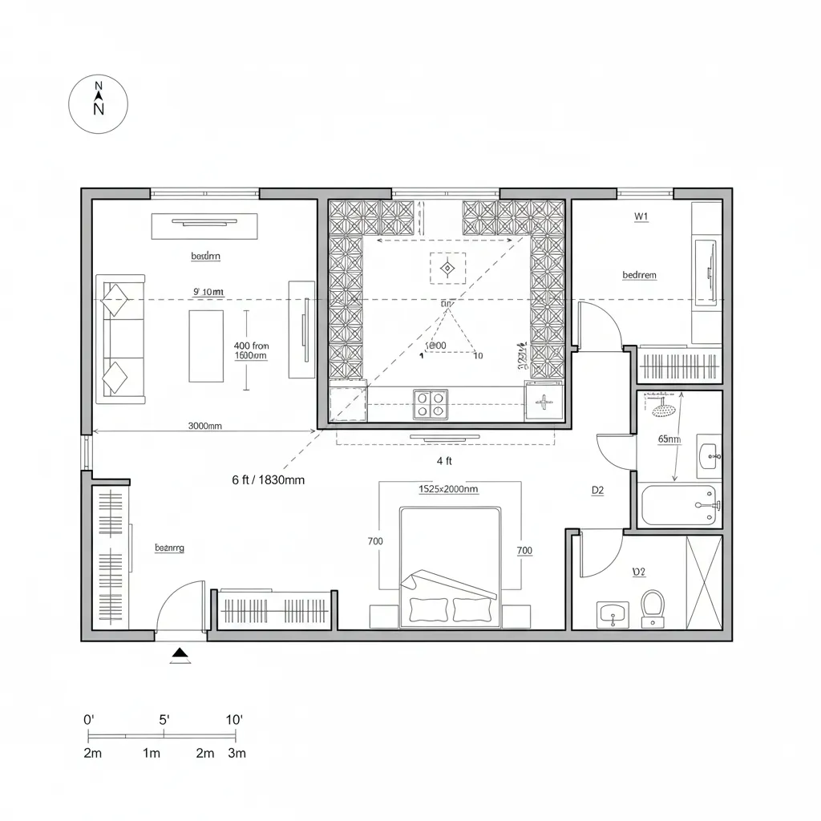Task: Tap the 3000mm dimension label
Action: [204, 427]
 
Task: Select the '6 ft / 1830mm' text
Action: [268, 480]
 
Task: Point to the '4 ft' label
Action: [444, 461]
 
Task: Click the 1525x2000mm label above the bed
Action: [448, 488]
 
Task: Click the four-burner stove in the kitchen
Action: [431, 404]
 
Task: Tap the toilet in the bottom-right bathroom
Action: [653, 607]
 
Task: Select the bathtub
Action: [679, 505]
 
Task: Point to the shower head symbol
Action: [663, 410]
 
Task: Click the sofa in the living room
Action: [120, 338]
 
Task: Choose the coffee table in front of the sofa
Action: [206, 346]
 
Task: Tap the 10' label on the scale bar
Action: [234, 720]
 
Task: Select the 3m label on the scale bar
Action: [237, 753]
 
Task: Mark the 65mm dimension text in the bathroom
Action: [669, 439]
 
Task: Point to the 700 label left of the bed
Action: [375, 541]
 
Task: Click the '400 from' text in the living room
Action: [251, 346]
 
